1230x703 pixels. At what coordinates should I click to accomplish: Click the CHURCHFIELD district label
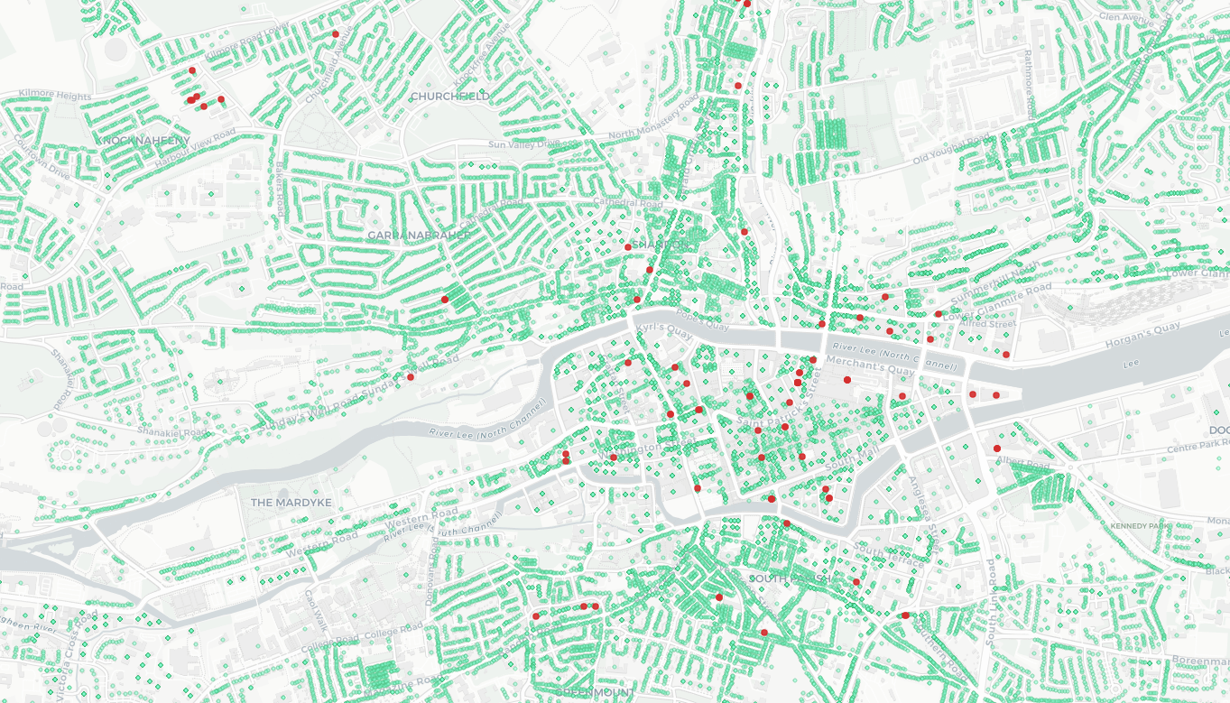click(x=449, y=96)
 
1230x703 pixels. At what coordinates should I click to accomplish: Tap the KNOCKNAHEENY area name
click(x=143, y=141)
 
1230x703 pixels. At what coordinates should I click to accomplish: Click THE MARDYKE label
click(x=291, y=502)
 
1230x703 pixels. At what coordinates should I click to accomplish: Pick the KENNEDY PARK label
click(x=1140, y=525)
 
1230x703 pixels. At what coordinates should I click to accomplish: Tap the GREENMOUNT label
click(x=593, y=692)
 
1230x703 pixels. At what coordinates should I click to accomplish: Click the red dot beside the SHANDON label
click(x=628, y=246)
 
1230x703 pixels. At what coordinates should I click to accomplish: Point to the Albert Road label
click(x=1023, y=463)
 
